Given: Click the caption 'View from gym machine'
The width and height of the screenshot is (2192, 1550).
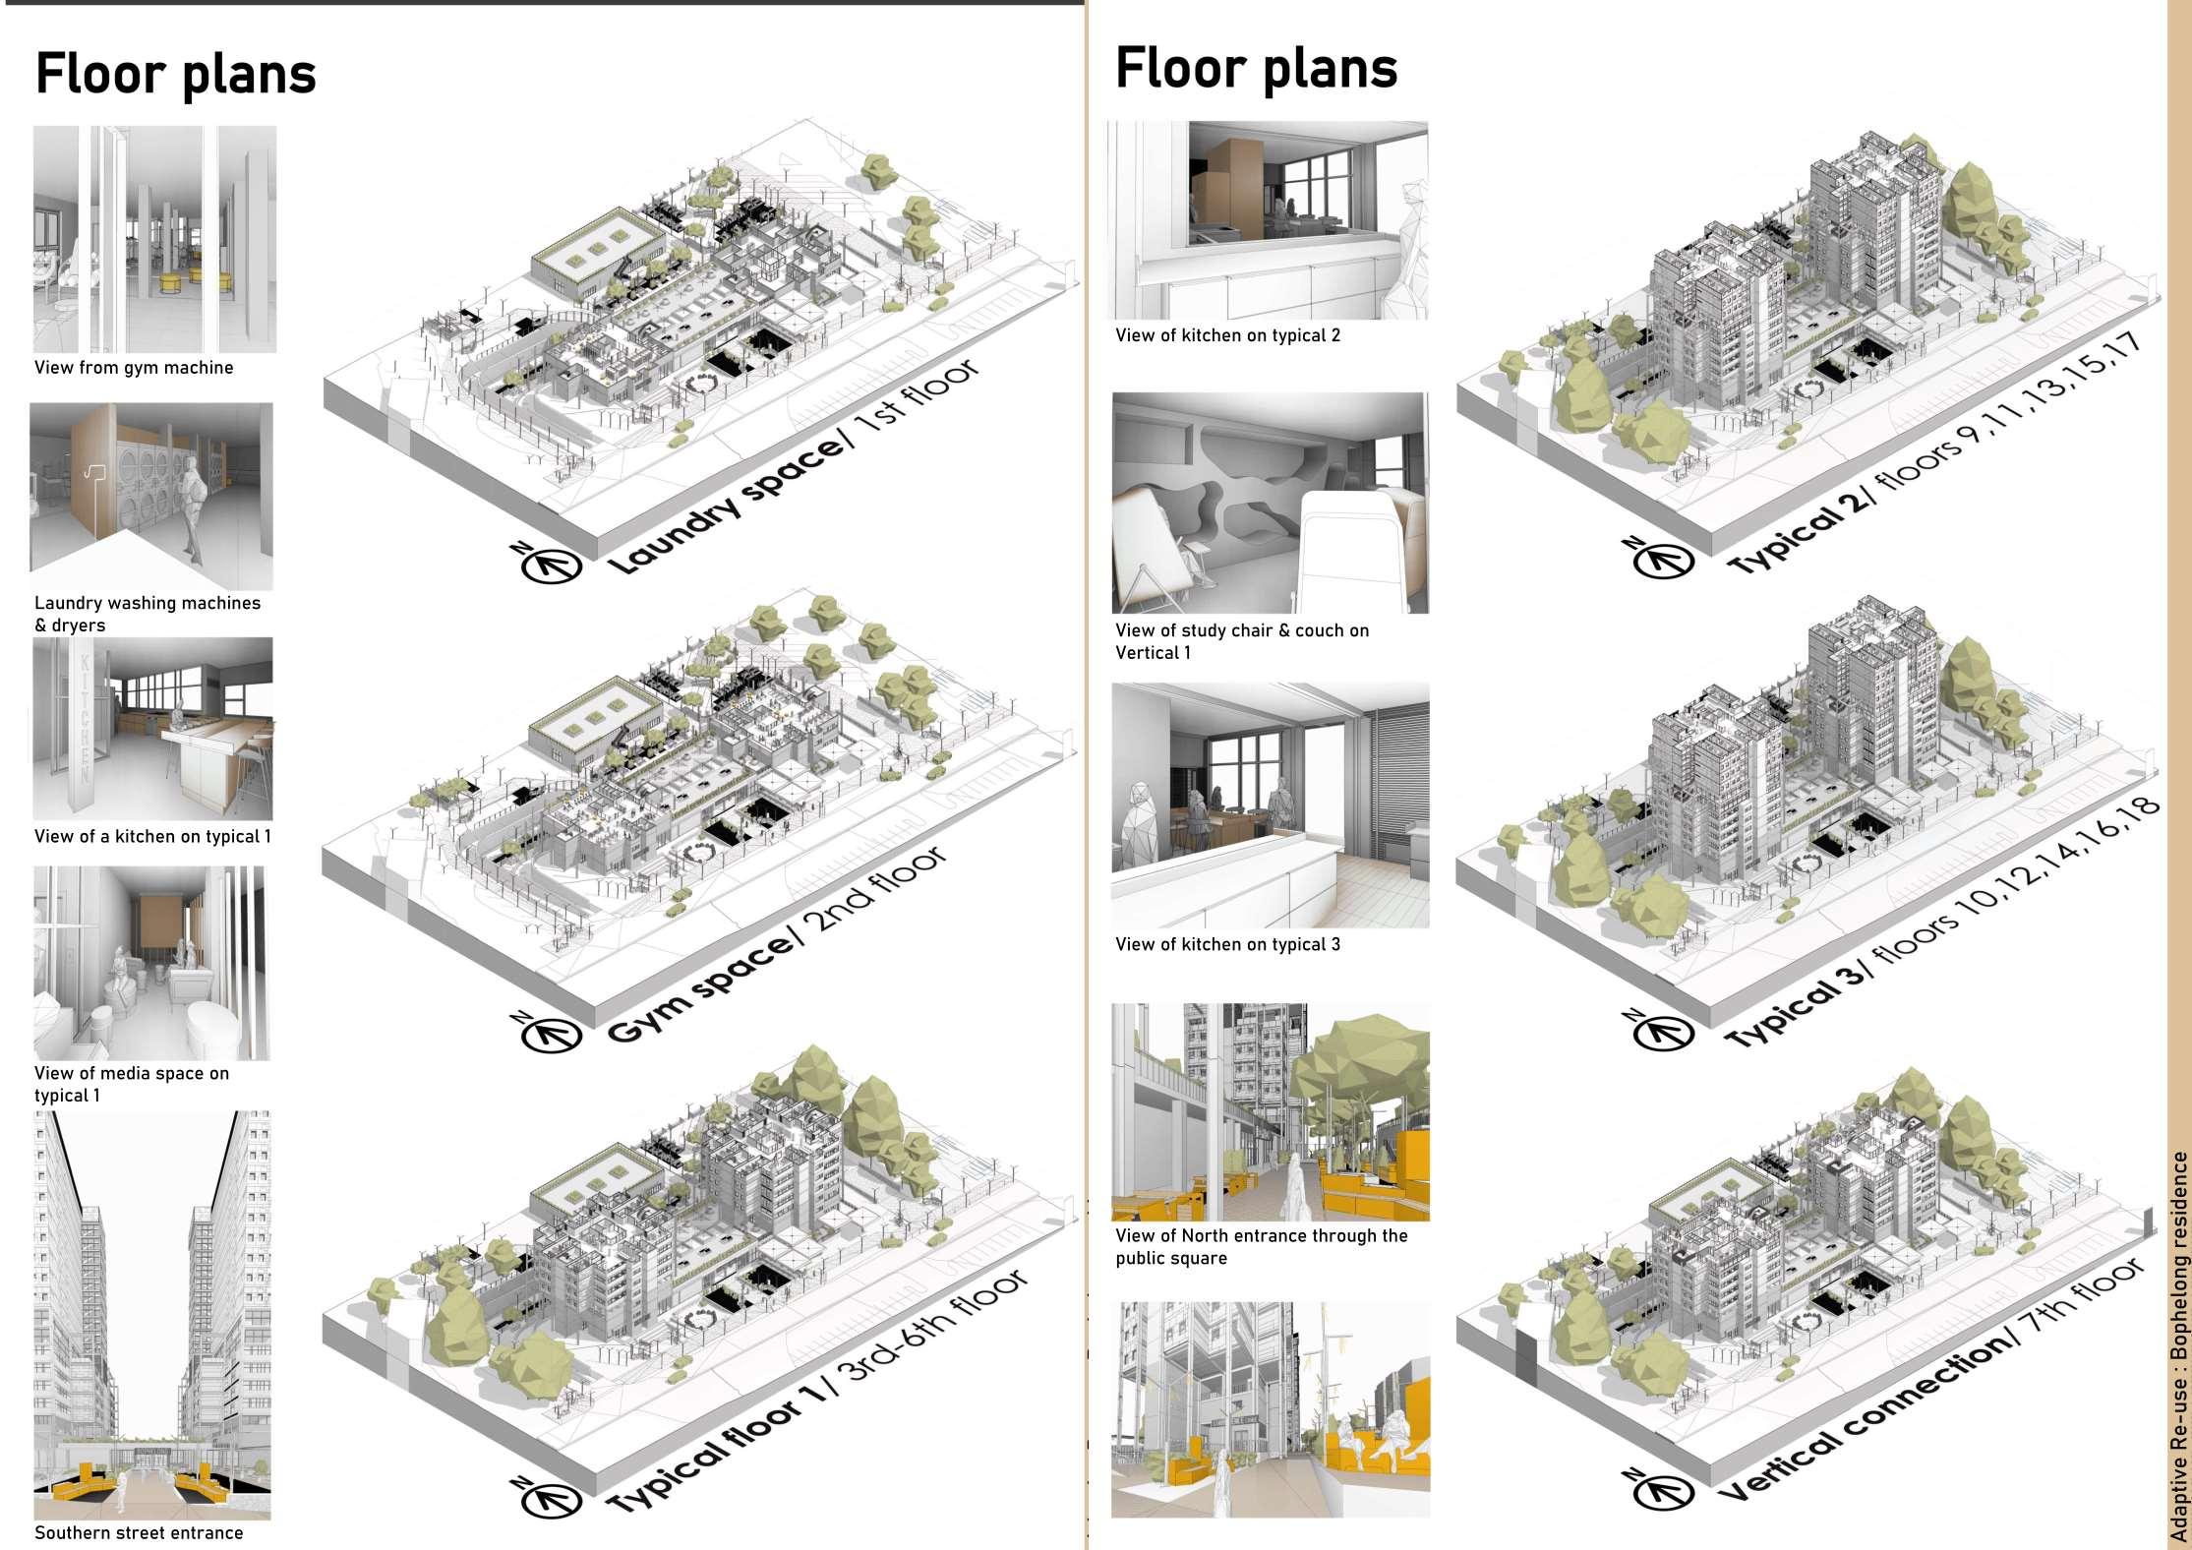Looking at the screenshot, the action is point(134,368).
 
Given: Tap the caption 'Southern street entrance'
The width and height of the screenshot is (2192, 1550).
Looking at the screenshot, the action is point(139,1532).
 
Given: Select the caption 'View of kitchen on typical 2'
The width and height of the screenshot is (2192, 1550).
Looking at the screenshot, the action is point(1227,335).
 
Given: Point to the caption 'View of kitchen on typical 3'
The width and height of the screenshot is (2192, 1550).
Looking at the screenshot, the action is point(1227,944).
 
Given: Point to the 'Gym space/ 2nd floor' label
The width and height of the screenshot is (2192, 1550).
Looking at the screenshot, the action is point(777,944).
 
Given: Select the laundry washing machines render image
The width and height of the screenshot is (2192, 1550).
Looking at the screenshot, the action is point(151,496).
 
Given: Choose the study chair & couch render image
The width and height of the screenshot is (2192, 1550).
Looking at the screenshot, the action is point(1270,503).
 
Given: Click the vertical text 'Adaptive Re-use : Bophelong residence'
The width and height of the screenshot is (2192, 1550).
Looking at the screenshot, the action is point(2179,1347).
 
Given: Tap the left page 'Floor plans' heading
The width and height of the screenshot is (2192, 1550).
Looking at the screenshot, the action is point(175,73).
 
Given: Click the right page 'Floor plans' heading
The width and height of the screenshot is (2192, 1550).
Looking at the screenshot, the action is point(1256,68).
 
